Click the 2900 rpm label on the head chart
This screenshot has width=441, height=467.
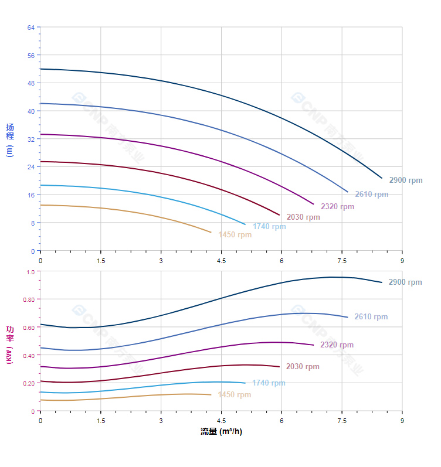pos(405,180)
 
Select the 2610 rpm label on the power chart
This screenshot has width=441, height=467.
pos(371,317)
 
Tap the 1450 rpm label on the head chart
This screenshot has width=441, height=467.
pos(235,235)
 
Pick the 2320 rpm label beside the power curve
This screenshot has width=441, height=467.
pos(337,345)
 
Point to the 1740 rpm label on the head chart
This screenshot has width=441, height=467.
pos(269,227)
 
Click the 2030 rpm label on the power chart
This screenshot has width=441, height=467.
pos(303,367)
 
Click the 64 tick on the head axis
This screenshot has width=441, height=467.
pos(31,27)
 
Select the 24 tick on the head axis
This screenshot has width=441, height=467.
pos(31,167)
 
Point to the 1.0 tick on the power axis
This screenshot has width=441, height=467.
pos(31,271)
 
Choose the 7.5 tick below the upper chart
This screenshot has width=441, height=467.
pos(341,260)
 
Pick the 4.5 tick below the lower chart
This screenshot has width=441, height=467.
pos(221,421)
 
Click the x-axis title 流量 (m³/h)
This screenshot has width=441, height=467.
pos(221,432)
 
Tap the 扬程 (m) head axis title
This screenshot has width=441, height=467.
pos(10,139)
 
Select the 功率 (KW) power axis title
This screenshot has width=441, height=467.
pos(10,345)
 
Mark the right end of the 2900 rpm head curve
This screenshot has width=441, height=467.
pos(382,178)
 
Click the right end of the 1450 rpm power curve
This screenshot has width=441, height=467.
pos(211,394)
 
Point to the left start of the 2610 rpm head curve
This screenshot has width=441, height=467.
pos(40,103)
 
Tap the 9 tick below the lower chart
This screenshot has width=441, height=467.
pos(402,421)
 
